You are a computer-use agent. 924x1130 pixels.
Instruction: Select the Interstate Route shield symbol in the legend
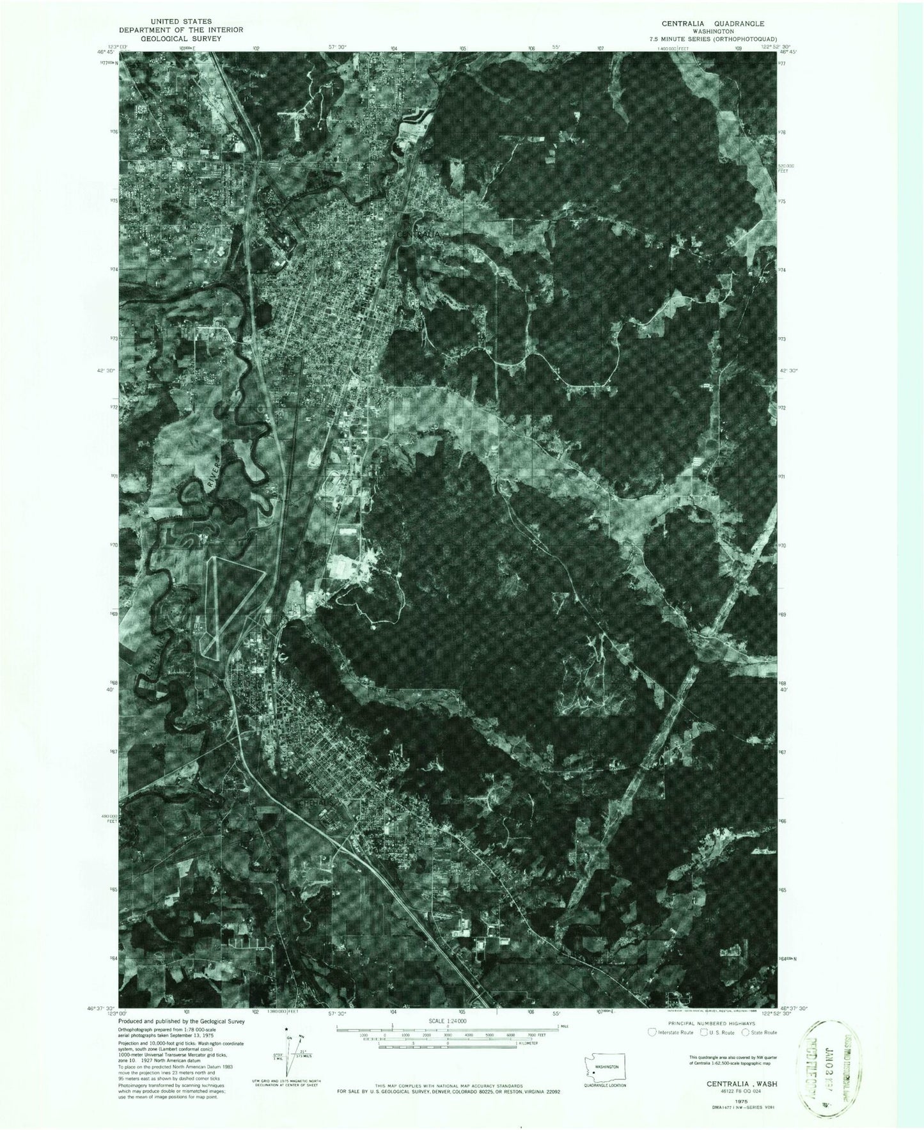[x=652, y=1050]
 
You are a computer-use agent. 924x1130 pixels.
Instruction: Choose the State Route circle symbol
[x=745, y=1050]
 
